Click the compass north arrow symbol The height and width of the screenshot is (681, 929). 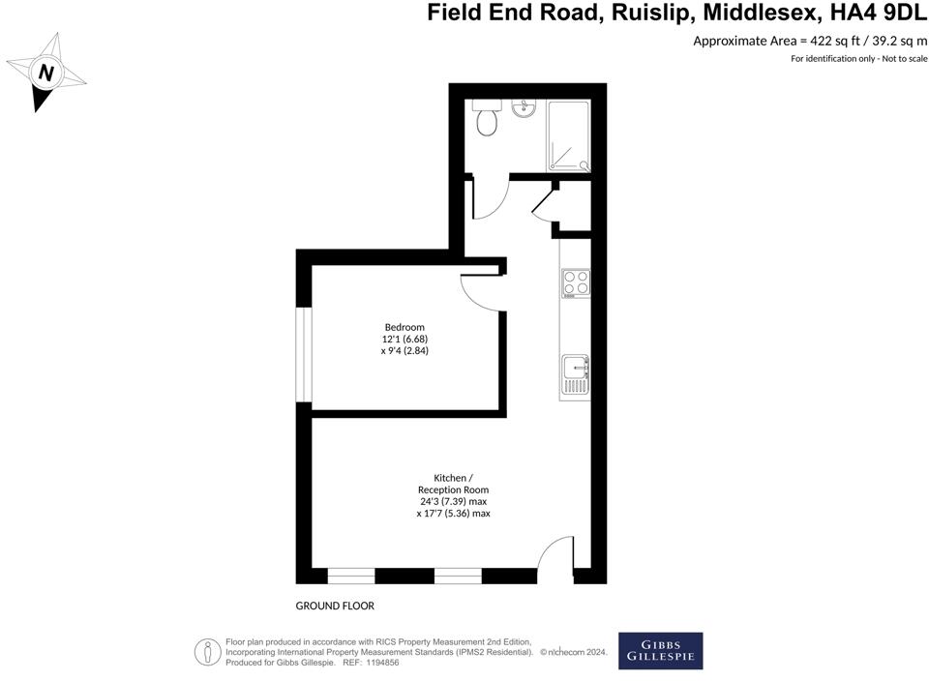[x=45, y=73]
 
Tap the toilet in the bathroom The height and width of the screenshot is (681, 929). [x=487, y=119]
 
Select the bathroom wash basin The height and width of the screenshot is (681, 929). [x=526, y=107]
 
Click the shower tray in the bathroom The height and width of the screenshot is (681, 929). [x=567, y=135]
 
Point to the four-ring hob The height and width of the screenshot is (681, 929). [x=576, y=282]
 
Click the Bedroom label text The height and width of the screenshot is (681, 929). [x=405, y=327]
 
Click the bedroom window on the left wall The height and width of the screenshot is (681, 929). [x=304, y=354]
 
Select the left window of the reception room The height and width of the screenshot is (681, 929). [x=351, y=577]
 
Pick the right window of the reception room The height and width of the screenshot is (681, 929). [x=458, y=577]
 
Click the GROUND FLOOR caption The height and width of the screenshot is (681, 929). [x=335, y=607]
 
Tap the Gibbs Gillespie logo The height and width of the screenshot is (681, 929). [x=661, y=651]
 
